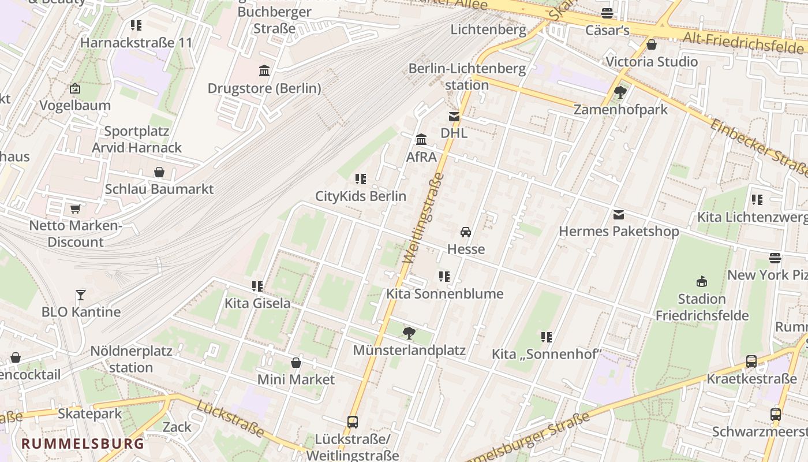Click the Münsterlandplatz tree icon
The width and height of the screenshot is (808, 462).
409,333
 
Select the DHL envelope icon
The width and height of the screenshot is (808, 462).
454,117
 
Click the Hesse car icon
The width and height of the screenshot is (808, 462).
466,232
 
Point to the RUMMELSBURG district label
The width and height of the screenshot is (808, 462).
83,444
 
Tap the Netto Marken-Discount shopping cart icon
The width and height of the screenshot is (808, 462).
75,209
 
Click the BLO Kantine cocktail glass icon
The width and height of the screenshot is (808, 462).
81,295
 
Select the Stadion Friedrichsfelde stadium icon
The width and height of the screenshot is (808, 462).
702,282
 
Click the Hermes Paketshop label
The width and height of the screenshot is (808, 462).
619,232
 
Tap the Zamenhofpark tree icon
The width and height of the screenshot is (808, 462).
620,92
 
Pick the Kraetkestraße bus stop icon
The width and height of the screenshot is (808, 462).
751,362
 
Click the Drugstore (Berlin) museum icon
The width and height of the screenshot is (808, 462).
264,71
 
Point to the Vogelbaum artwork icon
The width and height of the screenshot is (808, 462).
75,89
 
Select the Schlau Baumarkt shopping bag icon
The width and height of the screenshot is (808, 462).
159,172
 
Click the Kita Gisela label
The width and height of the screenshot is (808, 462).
257,303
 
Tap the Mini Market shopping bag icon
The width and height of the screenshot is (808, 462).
296,363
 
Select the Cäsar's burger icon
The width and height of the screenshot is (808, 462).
607,13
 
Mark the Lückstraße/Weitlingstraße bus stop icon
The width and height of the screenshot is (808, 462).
353,422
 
